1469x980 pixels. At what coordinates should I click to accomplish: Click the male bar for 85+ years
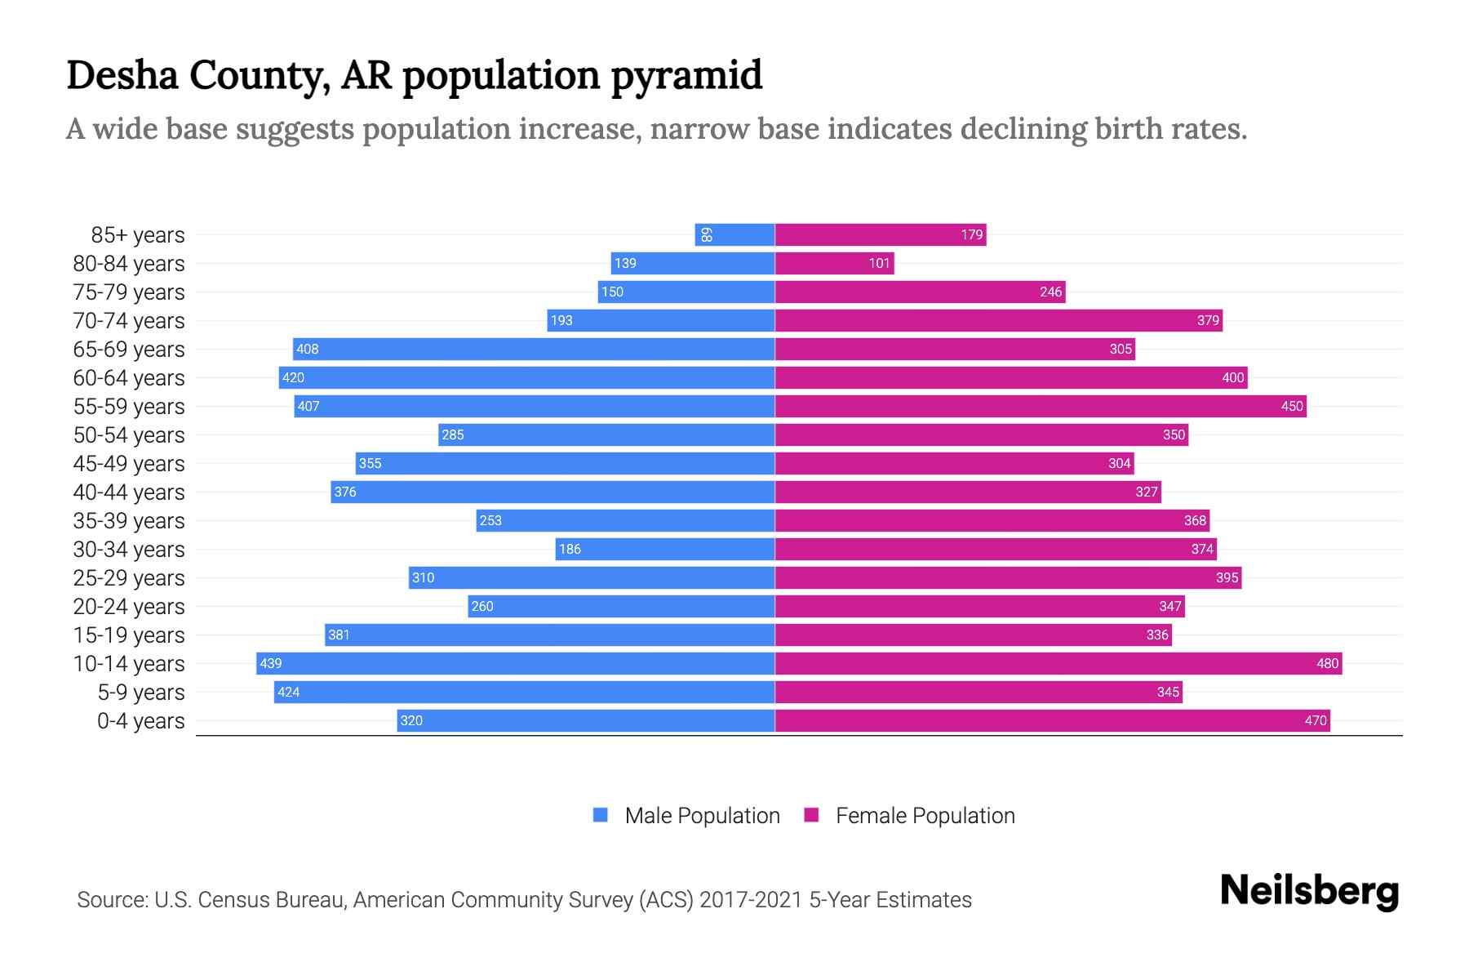pos(734,234)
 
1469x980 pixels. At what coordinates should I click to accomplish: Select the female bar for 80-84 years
pos(834,263)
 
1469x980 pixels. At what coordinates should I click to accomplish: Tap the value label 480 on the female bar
pos(1327,663)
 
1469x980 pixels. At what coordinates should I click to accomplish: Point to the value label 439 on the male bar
pos(270,663)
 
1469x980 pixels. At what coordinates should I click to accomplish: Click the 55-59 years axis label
pos(129,406)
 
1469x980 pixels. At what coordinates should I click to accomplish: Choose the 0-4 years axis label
pos(140,720)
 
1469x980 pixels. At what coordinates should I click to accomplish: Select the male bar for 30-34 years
pos(665,549)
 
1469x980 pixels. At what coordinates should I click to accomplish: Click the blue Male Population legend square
pos(601,815)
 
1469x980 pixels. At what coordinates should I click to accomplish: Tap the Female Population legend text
pos(925,815)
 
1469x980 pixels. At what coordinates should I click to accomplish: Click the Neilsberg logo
pos(1309,891)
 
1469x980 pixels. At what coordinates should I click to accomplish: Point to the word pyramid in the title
pos(686,75)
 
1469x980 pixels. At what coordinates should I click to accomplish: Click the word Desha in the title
pos(122,75)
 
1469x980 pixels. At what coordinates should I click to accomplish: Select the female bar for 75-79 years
pos(920,292)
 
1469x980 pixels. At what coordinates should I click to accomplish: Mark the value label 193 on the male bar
pos(561,320)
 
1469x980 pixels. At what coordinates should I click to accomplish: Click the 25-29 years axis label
pos(129,577)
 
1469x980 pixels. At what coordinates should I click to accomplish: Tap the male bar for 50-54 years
pos(606,434)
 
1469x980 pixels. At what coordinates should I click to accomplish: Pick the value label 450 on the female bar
pos(1291,406)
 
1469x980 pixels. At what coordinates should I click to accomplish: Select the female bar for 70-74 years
pos(998,320)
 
